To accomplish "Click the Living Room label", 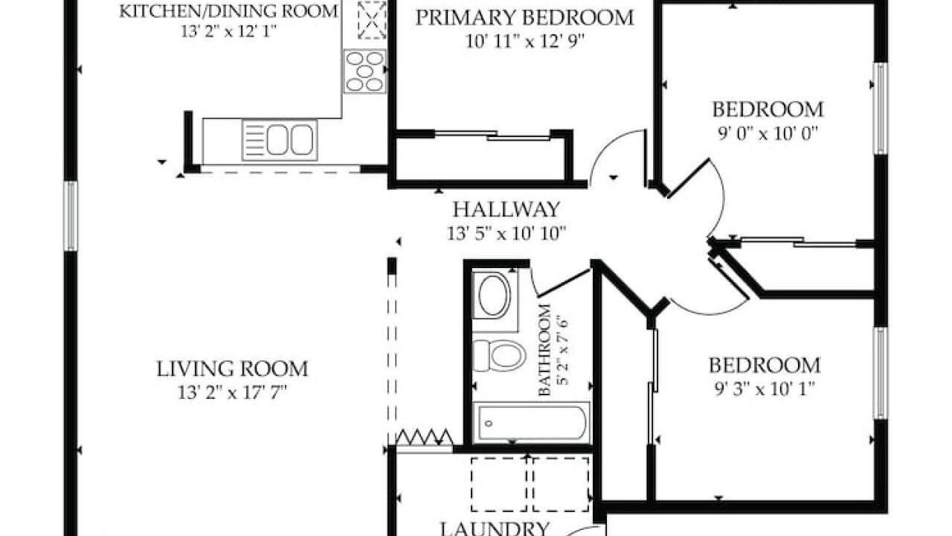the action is coord(233,368).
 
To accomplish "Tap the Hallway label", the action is coord(506,209).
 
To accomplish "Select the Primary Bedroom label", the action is coord(525,18).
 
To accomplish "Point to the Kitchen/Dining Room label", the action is coord(228,11).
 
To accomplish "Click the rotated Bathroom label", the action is coord(545,350).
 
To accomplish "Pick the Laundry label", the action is coord(495,529).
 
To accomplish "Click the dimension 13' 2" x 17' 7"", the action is coord(233,392).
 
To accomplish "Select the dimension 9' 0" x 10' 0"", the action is coord(768,134).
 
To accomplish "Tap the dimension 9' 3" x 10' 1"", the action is coord(765,389).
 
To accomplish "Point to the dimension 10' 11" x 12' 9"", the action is coord(525,41).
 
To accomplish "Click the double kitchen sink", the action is coord(280,140).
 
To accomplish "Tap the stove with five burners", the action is coord(364,71).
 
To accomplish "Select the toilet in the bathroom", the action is coord(499,355).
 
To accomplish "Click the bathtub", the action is coord(532,423).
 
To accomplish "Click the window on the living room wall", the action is coord(71,216).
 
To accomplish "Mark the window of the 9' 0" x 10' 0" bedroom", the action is coord(880,109).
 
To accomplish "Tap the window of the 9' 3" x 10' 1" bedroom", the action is coord(880,373).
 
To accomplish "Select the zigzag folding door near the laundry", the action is coord(424,437).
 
